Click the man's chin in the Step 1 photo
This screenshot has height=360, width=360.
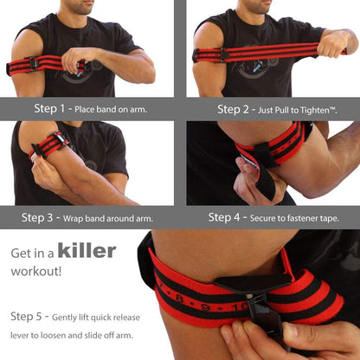pos(80,10)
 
